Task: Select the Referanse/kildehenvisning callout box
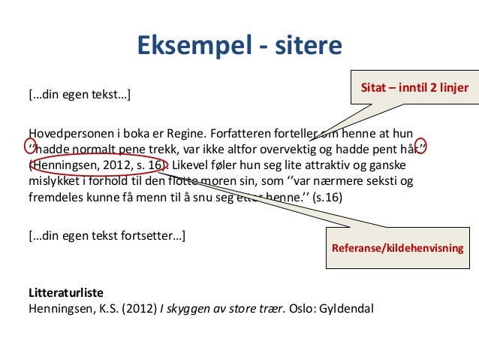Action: point(398,248)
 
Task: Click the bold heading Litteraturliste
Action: point(66,292)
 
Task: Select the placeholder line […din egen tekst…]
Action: point(79,95)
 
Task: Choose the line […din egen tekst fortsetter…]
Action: point(106,235)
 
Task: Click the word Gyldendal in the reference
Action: point(346,308)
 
